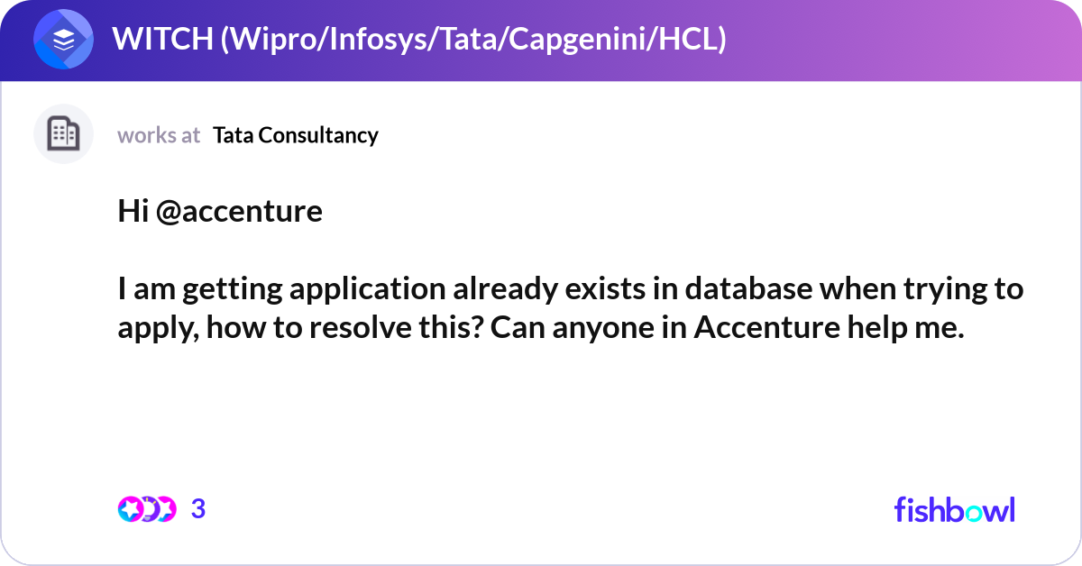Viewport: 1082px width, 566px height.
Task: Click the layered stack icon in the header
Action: point(63,40)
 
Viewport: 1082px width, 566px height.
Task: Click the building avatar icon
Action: point(63,134)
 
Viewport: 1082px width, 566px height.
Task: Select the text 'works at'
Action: point(159,135)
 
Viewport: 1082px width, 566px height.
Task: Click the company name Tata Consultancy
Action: point(296,135)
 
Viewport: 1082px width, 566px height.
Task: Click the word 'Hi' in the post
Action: point(133,211)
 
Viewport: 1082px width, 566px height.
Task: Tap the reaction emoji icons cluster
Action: point(146,509)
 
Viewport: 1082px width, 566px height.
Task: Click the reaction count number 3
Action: point(198,509)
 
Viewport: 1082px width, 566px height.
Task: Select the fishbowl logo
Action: point(954,509)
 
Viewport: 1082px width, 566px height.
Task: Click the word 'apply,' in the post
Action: point(159,328)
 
